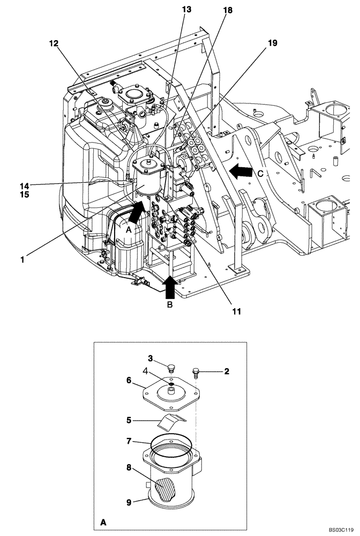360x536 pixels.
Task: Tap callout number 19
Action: click(272, 43)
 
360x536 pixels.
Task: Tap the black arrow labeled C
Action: click(241, 172)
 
